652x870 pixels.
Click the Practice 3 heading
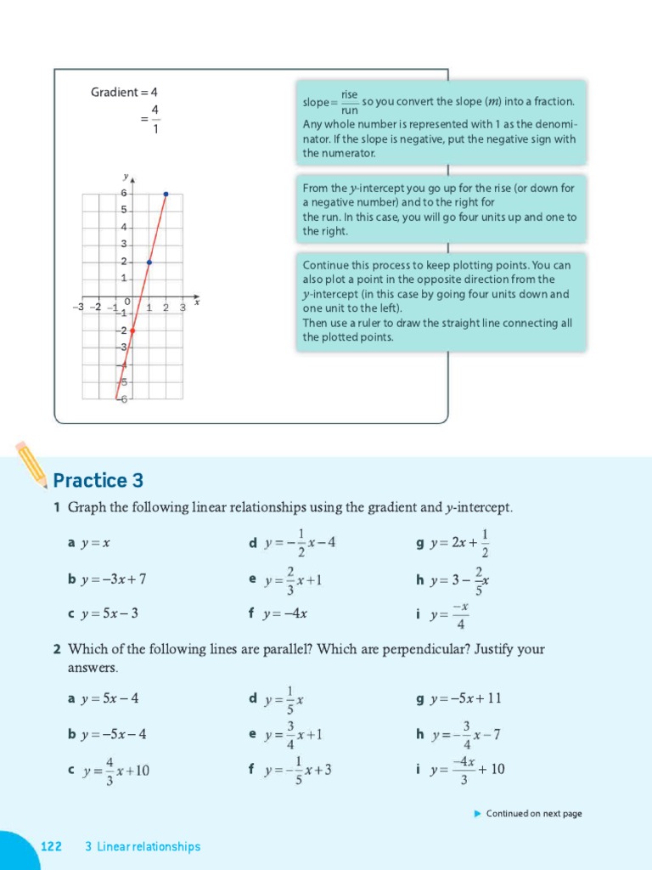pyautogui.click(x=98, y=481)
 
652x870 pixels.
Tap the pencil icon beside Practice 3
pyautogui.click(x=31, y=463)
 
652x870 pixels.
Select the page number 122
pyautogui.click(x=52, y=846)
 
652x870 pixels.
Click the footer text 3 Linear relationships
pyautogui.click(x=143, y=846)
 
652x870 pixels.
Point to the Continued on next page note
pyautogui.click(x=533, y=813)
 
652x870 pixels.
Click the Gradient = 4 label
pyautogui.click(x=124, y=92)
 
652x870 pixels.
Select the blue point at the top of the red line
pyautogui.click(x=166, y=194)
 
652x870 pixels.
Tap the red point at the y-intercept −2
pyautogui.click(x=132, y=330)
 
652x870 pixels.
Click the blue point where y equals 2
pyautogui.click(x=149, y=262)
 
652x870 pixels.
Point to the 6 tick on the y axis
pyautogui.click(x=124, y=194)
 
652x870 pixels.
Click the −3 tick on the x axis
pyautogui.click(x=80, y=308)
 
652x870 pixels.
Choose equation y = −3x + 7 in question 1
pyautogui.click(x=113, y=579)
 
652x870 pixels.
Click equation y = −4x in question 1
pyautogui.click(x=285, y=613)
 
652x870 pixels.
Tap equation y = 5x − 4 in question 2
pyautogui.click(x=110, y=698)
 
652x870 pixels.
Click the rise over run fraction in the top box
pyautogui.click(x=349, y=101)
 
